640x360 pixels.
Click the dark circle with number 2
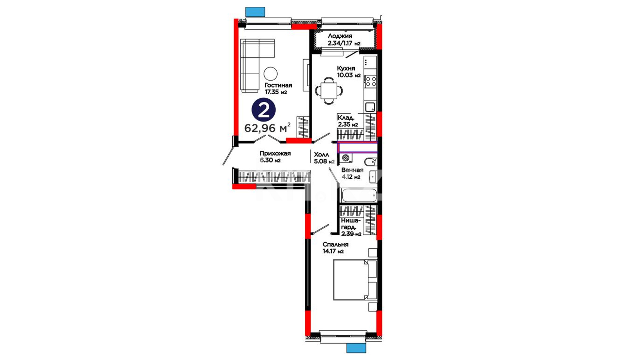(263, 111)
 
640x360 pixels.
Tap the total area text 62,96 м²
(267, 128)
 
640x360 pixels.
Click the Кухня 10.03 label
(349, 72)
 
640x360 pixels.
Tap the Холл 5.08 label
(324, 158)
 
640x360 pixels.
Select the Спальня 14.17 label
(335, 248)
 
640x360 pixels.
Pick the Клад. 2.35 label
(348, 121)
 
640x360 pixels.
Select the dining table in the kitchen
(329, 90)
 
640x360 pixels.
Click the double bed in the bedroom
(355, 280)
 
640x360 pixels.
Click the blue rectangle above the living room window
(255, 12)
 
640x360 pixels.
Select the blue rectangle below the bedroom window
(356, 348)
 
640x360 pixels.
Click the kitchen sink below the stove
(370, 107)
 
